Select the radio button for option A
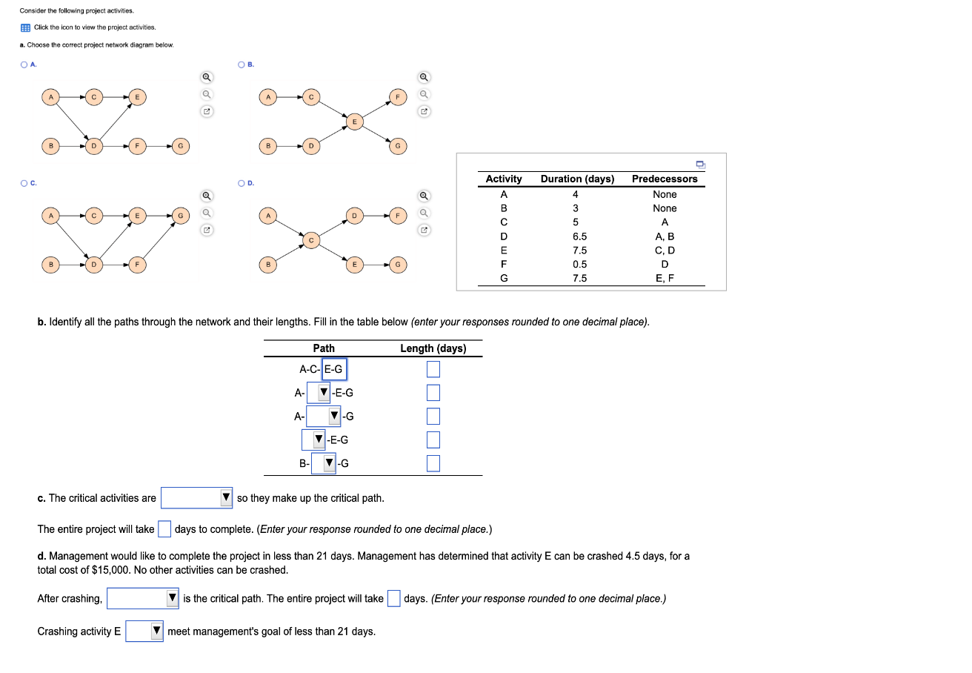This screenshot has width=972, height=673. point(24,64)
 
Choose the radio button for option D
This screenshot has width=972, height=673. point(242,183)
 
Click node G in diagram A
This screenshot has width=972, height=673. point(180,146)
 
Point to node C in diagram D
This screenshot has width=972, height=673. point(312,239)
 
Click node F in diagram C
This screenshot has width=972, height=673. point(136,264)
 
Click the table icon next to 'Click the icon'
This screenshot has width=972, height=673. point(25,27)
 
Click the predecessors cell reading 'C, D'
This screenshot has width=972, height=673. point(665,251)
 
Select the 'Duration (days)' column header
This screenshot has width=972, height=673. point(577,179)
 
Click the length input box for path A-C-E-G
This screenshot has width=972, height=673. point(433,368)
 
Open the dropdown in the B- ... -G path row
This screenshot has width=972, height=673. point(324,464)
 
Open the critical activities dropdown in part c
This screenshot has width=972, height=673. point(197,498)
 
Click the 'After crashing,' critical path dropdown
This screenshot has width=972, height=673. point(143,599)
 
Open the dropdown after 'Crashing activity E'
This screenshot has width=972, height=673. point(144,631)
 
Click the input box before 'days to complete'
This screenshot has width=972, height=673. point(164,529)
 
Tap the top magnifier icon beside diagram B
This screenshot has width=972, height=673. point(424,77)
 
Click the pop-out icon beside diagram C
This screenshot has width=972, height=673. point(207,231)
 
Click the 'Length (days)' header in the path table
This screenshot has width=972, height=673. point(433,348)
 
